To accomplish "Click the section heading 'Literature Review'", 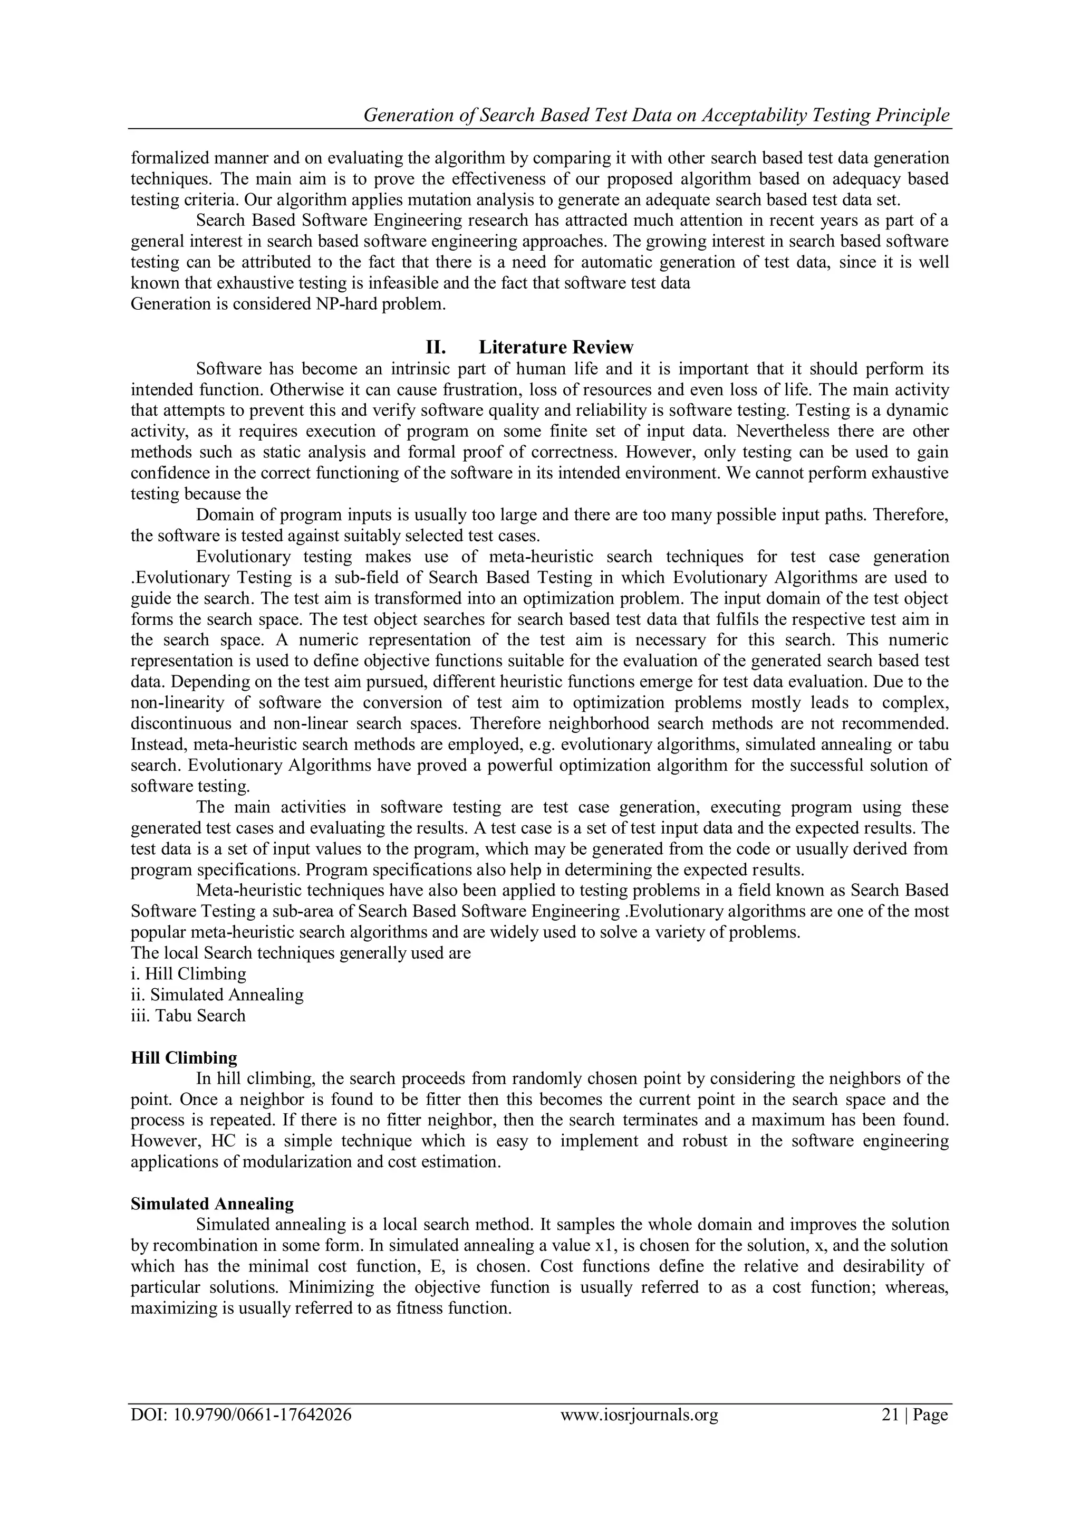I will coord(556,347).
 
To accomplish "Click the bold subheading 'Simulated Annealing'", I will coord(212,1203).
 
